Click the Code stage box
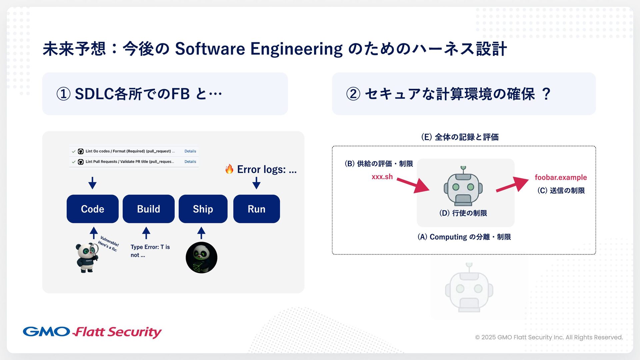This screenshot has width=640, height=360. (92, 209)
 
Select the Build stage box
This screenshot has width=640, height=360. (148, 209)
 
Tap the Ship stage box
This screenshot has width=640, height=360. (203, 209)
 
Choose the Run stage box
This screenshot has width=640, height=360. (256, 209)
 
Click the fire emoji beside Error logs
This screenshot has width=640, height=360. (229, 169)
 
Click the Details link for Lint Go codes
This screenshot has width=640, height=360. (190, 151)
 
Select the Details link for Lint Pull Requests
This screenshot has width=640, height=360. (190, 162)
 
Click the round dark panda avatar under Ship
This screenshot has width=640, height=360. (201, 258)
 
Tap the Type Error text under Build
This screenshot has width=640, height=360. (150, 251)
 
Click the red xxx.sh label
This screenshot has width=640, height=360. (382, 177)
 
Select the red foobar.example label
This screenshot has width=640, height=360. (561, 177)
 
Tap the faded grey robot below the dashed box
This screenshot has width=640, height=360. (469, 288)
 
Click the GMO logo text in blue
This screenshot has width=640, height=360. (46, 332)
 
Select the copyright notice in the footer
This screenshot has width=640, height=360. (549, 337)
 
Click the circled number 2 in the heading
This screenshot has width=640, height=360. (353, 94)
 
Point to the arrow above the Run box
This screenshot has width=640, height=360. (256, 183)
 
